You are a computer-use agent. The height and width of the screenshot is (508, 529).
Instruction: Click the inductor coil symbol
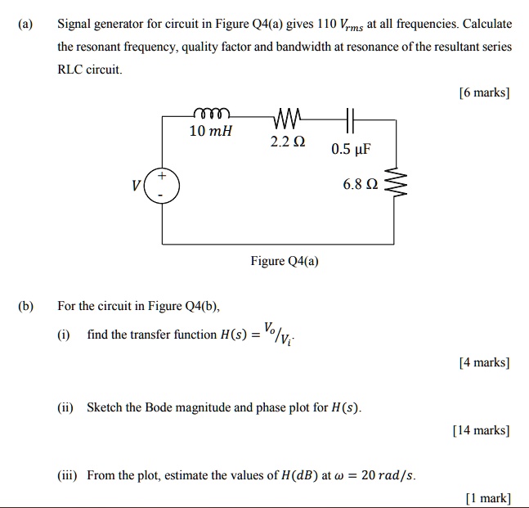[x=213, y=114]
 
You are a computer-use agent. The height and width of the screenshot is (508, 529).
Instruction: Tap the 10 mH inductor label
[x=211, y=131]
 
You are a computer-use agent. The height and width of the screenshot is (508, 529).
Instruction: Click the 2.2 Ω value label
[x=288, y=142]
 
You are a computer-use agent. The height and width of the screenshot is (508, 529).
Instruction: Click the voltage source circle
[x=162, y=187]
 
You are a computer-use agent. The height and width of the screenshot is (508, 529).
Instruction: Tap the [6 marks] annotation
[x=485, y=92]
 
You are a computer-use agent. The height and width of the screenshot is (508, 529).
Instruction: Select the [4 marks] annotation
[x=485, y=361]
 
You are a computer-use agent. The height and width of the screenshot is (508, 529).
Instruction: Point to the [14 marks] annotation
[x=482, y=429]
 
